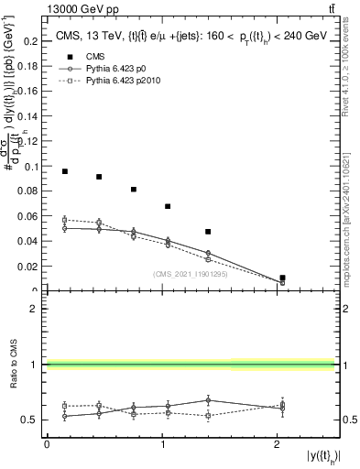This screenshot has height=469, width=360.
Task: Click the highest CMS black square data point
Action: point(65,171)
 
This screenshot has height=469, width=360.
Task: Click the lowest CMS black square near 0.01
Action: point(282,278)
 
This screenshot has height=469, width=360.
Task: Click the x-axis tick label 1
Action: point(162,445)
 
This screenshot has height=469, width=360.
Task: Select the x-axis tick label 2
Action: point(278,445)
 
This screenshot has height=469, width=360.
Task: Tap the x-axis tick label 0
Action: point(47,445)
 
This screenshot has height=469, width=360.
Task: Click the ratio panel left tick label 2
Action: point(35,309)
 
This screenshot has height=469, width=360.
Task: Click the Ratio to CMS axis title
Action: point(16,365)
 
